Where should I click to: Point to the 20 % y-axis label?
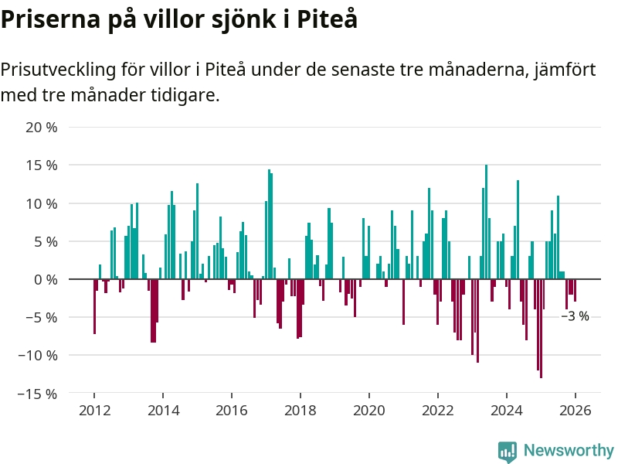(42, 128)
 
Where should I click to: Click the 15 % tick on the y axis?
(42, 165)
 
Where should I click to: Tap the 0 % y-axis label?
(46, 280)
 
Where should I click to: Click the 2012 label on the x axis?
(93, 410)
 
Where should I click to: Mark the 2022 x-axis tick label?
(437, 410)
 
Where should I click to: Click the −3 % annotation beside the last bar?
(575, 316)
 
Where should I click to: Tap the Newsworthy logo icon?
(508, 451)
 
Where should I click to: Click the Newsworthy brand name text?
(569, 451)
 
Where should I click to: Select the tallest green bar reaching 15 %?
(486, 222)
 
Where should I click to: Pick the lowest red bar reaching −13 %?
(541, 328)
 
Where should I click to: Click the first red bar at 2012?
(94, 306)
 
